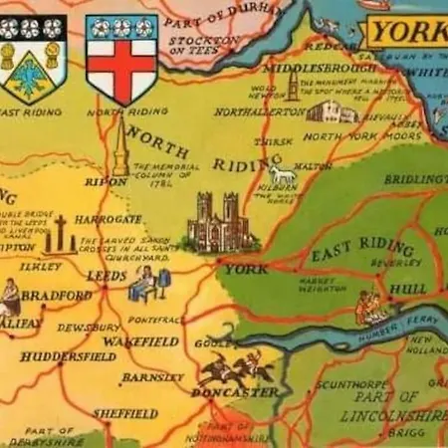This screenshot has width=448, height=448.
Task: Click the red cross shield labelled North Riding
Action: [x=121, y=58]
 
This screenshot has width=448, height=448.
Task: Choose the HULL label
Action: [x=407, y=289]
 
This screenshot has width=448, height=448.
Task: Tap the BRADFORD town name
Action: [x=58, y=296]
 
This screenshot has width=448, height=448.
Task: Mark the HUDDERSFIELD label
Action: [x=61, y=356]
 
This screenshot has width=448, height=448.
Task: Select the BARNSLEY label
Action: [x=152, y=378]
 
